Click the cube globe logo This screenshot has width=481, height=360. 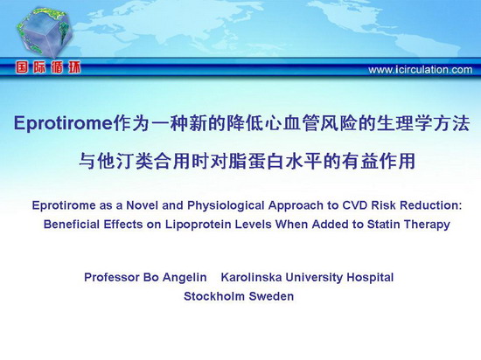pyautogui.click(x=45, y=32)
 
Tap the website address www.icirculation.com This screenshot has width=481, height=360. pyautogui.click(x=421, y=70)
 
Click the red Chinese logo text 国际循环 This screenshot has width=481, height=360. pyautogui.click(x=48, y=67)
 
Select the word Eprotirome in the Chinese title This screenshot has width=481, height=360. pyautogui.click(x=63, y=124)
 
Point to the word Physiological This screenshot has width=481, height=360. pyautogui.click(x=226, y=205)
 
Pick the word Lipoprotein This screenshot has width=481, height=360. pyautogui.click(x=199, y=225)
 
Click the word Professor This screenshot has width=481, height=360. pyautogui.click(x=112, y=277)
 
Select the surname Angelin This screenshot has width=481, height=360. pyautogui.click(x=185, y=278)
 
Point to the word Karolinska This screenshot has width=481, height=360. pyautogui.click(x=251, y=277)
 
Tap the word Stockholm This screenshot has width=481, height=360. pyautogui.click(x=214, y=296)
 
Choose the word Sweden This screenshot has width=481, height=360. pyautogui.click(x=271, y=296)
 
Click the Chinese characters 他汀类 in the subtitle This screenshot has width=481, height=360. pyautogui.click(x=125, y=161)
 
